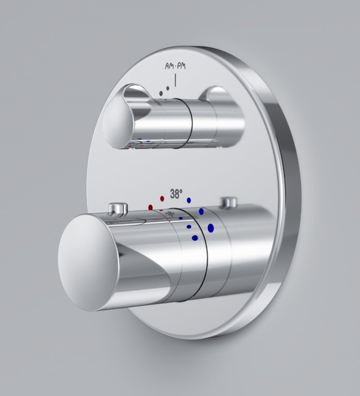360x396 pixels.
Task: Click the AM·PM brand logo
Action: coord(175,66)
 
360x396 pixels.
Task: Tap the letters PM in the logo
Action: coord(181,66)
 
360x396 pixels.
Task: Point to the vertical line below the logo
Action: coord(175,80)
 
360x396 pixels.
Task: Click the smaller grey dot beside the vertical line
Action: coord(168,88)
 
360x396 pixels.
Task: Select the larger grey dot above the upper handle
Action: coord(161,93)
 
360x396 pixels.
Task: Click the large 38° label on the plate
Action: coord(176,194)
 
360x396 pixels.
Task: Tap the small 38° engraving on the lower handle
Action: coord(170,214)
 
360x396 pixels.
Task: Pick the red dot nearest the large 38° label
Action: coord(162,199)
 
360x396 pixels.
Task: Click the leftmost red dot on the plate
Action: coord(151,207)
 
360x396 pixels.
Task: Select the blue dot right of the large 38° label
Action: coord(189,200)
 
